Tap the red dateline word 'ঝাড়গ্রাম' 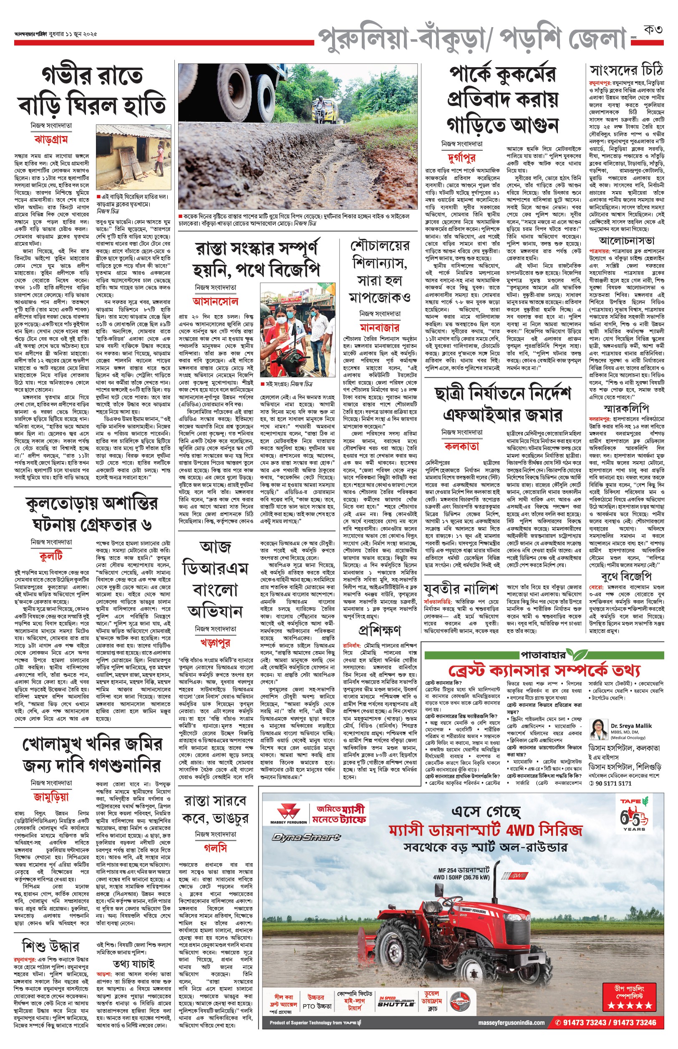[x=51, y=140]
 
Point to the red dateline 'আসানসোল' [x=215, y=302]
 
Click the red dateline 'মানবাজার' [x=380, y=328]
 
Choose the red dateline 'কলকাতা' [x=461, y=446]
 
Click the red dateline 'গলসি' [x=215, y=848]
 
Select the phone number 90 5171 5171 [x=613, y=784]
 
